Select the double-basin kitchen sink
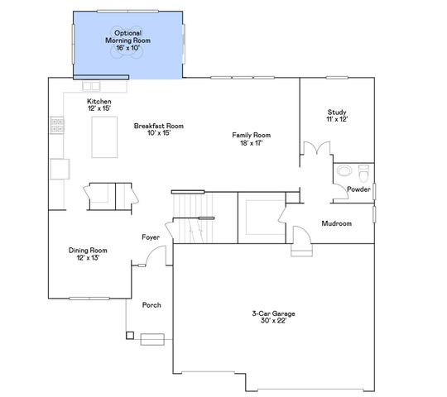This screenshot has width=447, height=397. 91,85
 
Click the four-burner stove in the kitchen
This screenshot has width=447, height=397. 58,125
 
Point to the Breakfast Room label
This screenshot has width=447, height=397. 158,126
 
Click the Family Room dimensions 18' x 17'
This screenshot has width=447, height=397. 251,143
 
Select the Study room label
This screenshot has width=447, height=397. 336,112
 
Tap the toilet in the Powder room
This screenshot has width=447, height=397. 364,173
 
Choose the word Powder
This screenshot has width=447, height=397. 358,189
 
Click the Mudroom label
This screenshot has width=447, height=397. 337,223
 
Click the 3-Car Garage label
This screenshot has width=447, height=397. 273,313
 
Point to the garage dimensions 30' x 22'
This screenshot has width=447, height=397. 273,322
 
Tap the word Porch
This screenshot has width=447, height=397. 151,305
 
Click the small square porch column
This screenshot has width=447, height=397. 129,336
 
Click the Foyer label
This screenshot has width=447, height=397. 150,237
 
